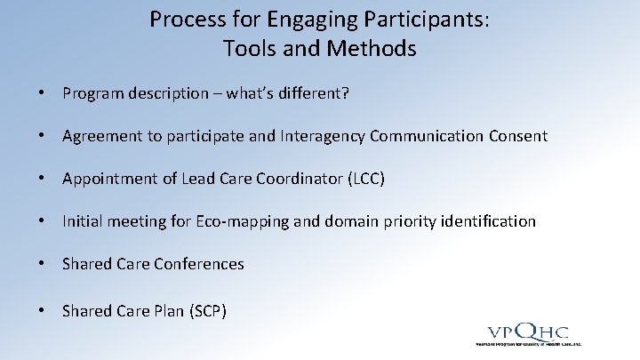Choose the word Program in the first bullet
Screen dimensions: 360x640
tap(90, 93)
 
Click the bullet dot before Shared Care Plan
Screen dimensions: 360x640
tap(42, 310)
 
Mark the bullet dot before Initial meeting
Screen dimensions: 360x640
tap(42, 221)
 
